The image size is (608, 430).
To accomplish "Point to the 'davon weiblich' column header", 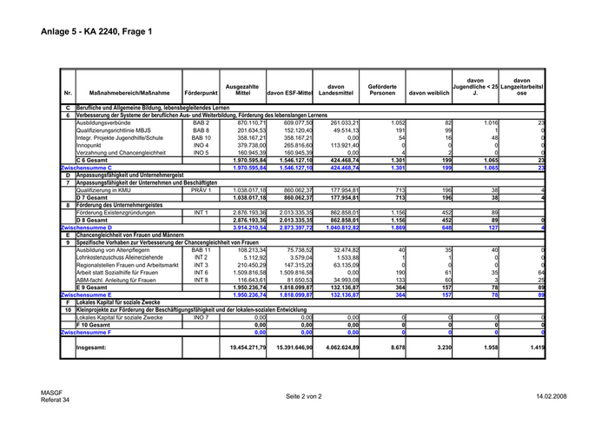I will [429, 91].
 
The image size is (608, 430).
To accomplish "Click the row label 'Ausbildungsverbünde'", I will [102, 122].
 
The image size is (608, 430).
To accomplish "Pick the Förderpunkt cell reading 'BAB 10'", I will [201, 137].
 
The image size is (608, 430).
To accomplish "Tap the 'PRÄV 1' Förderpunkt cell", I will [201, 189].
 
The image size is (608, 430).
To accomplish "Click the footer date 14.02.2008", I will [551, 396].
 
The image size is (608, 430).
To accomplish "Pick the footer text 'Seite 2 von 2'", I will [304, 396].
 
